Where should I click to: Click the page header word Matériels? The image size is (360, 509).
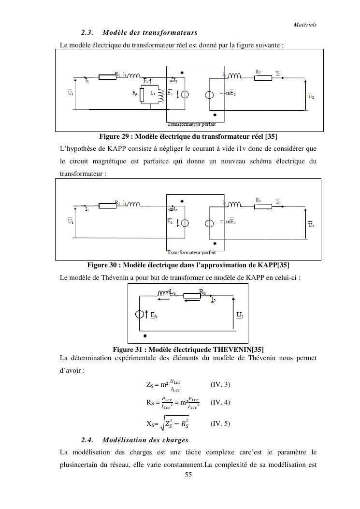(x=305, y=25)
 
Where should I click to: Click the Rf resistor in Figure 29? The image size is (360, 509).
(x=142, y=95)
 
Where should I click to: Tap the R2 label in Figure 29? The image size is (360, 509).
(x=259, y=72)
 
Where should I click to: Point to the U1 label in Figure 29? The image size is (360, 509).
(x=71, y=92)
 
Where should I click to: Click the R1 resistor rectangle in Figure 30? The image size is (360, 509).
(x=107, y=205)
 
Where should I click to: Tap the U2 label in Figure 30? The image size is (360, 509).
(x=312, y=225)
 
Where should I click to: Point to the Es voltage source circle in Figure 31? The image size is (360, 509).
(x=140, y=315)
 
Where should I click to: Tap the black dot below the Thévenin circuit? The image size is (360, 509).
(x=145, y=335)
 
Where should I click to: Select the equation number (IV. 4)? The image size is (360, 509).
(x=220, y=402)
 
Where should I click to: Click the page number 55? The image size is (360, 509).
(x=188, y=475)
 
